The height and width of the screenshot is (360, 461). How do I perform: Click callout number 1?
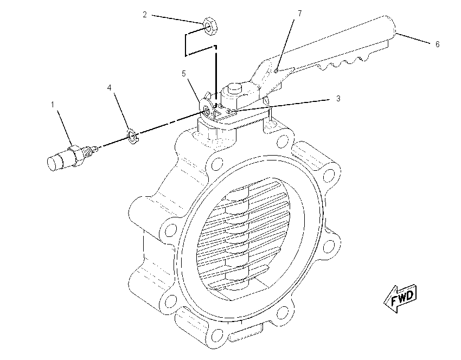pyautogui.click(x=53, y=105)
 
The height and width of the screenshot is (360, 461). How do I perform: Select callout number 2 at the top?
pyautogui.click(x=145, y=15)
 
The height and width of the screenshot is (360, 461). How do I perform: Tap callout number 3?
pyautogui.click(x=338, y=99)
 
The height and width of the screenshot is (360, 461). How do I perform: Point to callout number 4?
pyautogui.click(x=110, y=88)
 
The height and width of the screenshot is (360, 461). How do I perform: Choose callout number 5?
pyautogui.click(x=184, y=74)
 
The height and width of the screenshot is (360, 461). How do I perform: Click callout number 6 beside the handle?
pyautogui.click(x=438, y=44)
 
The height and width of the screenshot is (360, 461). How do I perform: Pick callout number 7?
pyautogui.click(x=299, y=14)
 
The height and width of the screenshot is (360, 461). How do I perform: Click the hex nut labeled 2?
pyautogui.click(x=210, y=26)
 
